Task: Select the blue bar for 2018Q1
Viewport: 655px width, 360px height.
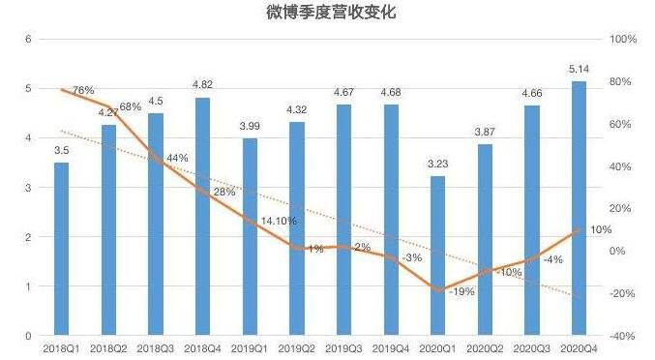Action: point(61,249)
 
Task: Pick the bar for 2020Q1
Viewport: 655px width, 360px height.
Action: point(438,255)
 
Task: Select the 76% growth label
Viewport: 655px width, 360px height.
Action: point(83,90)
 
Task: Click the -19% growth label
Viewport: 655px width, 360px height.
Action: point(460,291)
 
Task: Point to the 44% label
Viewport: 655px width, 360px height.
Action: point(177,158)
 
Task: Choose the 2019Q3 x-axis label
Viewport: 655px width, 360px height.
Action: point(343,345)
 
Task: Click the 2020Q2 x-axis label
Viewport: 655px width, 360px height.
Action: point(486,345)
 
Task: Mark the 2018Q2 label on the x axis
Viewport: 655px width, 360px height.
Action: point(108,345)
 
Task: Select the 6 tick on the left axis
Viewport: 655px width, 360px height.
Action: point(29,40)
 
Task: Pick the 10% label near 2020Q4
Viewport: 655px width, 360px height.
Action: point(600,229)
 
